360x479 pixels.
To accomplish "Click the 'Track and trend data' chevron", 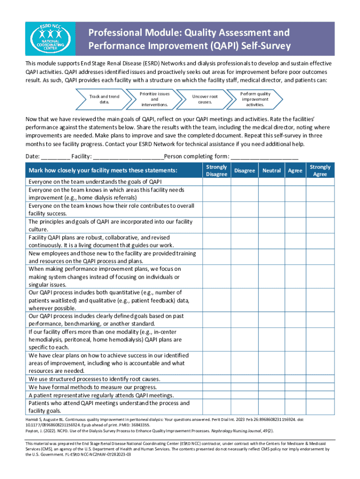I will (104, 99).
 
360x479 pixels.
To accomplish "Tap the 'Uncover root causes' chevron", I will (205, 99).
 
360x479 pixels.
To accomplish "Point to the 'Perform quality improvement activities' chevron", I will (255, 99).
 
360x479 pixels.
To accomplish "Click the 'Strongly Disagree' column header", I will (216, 170).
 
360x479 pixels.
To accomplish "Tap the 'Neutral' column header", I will (271, 171).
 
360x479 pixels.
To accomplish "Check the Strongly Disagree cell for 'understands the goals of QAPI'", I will (216, 181).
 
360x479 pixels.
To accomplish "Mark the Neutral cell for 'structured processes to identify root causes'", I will (271, 379).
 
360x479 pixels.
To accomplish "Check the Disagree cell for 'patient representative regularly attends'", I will (245, 395).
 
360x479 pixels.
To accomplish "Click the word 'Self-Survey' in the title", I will (264, 46).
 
